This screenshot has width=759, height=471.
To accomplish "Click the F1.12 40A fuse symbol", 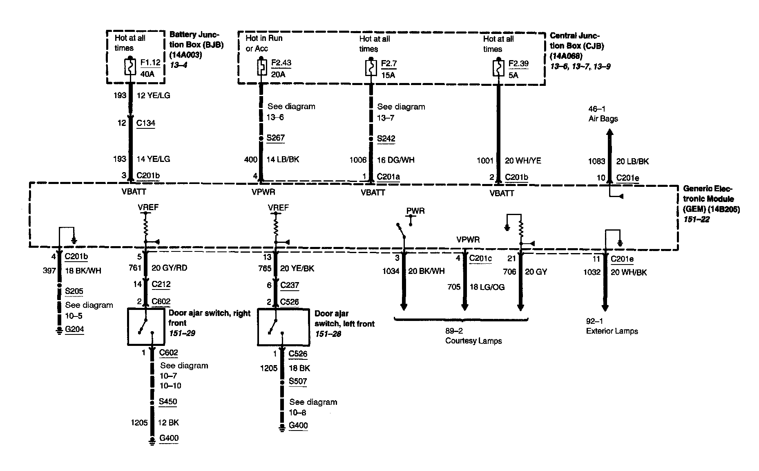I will point(130,67).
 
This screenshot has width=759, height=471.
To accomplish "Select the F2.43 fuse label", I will point(281,63).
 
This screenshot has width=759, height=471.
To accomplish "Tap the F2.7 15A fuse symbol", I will point(371,67).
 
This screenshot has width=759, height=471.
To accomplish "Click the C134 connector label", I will point(145,123).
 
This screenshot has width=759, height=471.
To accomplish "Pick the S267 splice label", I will point(275,138).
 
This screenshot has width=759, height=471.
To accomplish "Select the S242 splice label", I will point(386,139).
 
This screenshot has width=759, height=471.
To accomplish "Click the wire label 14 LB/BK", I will point(283,159).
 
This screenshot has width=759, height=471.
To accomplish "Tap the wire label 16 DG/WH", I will point(395,160).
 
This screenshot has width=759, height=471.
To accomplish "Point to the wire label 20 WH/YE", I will point(523,161).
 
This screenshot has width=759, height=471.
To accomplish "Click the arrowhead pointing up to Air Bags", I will point(609,133).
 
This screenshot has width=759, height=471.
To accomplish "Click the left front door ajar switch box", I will point(283,327).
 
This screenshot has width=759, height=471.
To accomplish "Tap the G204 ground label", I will point(74,329).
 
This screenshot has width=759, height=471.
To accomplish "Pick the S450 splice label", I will point(168,401).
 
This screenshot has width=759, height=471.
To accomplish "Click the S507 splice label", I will point(298,381).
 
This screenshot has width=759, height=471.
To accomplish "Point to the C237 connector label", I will point(290,285).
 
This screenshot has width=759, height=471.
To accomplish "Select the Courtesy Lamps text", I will point(473,341).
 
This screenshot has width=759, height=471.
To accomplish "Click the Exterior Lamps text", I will point(612,331).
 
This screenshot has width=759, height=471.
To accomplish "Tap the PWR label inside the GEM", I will point(415,211).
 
